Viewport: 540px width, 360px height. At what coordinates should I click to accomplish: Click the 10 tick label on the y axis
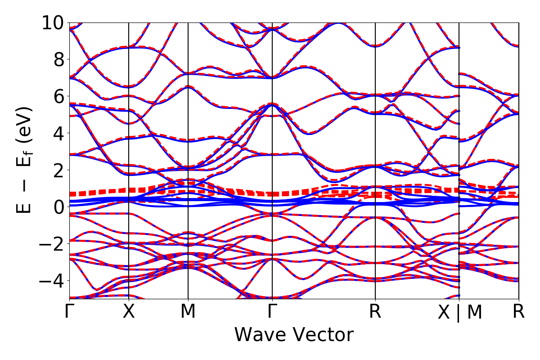(x=54, y=22)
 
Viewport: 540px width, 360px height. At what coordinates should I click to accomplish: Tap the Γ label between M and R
(x=272, y=311)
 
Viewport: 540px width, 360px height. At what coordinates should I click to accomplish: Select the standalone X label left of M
(x=129, y=311)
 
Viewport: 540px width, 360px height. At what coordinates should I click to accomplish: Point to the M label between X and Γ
(x=188, y=311)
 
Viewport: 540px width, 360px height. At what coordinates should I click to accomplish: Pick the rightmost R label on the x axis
(x=519, y=311)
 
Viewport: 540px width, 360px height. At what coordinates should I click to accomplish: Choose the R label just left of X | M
(x=375, y=311)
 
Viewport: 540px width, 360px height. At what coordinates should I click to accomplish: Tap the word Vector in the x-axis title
(x=323, y=335)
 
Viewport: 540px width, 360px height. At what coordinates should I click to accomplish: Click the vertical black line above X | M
(x=459, y=135)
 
